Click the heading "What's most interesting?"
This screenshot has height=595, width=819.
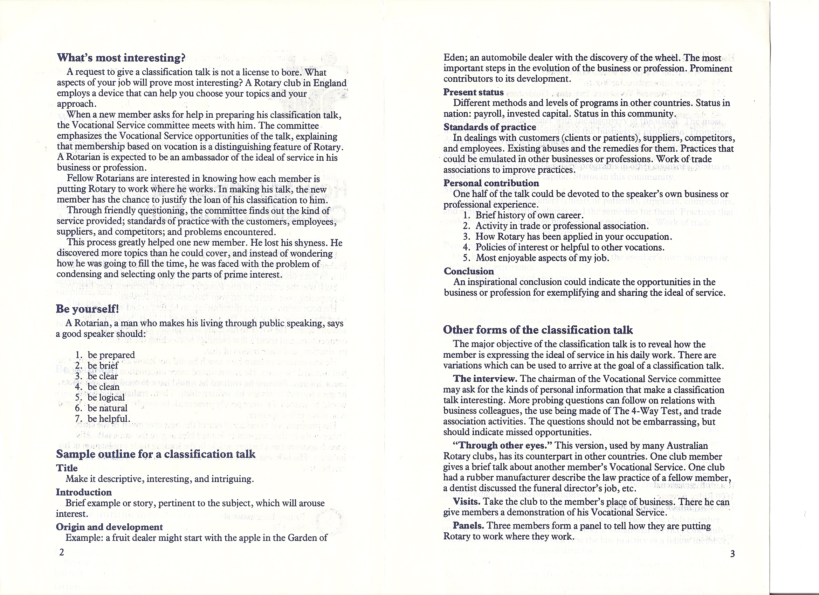tap(121, 58)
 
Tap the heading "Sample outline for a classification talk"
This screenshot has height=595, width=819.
tap(156, 454)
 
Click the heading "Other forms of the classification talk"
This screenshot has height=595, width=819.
tap(538, 330)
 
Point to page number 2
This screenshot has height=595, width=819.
tap(61, 552)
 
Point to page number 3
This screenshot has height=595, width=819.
tap(732, 554)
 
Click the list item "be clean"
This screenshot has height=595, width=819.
tap(103, 387)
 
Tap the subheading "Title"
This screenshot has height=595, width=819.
tap(67, 468)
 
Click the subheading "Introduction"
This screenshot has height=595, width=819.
tap(84, 492)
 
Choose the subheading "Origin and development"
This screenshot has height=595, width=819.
tap(109, 527)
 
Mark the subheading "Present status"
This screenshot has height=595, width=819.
tap(473, 92)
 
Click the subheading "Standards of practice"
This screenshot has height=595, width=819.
tap(490, 127)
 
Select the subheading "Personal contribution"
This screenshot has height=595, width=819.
tap(491, 183)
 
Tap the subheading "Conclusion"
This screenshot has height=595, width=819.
tap(469, 271)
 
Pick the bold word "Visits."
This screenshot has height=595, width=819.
tap(466, 502)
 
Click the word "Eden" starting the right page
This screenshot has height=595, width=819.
tap(453, 58)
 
